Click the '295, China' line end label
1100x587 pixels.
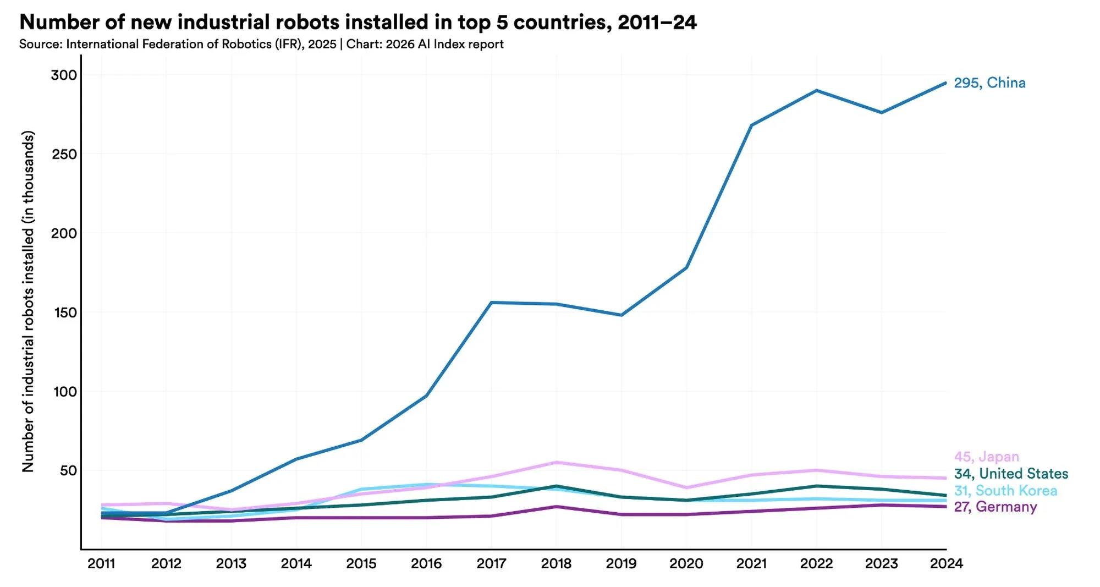pyautogui.click(x=989, y=83)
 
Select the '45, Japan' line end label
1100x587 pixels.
pyautogui.click(x=986, y=457)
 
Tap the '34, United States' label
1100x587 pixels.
pyautogui.click(x=1011, y=474)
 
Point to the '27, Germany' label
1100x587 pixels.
pyautogui.click(x=996, y=507)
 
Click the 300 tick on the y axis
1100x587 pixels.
pyautogui.click(x=64, y=75)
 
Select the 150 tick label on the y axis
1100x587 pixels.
pyautogui.click(x=64, y=312)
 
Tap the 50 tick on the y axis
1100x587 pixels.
pyautogui.click(x=68, y=471)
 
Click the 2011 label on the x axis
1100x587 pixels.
pyautogui.click(x=101, y=563)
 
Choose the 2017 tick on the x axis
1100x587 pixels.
pyautogui.click(x=491, y=563)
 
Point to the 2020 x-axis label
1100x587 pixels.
pyautogui.click(x=686, y=563)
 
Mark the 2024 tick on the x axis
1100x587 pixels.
pyautogui.click(x=946, y=563)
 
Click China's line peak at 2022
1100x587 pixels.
pyautogui.click(x=816, y=90)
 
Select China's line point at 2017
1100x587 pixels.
pyautogui.click(x=491, y=303)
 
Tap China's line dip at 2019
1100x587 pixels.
pyautogui.click(x=621, y=315)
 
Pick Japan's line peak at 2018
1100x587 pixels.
pyautogui.click(x=556, y=462)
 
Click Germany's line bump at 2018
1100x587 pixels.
pyautogui.click(x=556, y=506)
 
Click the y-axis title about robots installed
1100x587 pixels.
pyautogui.click(x=28, y=301)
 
